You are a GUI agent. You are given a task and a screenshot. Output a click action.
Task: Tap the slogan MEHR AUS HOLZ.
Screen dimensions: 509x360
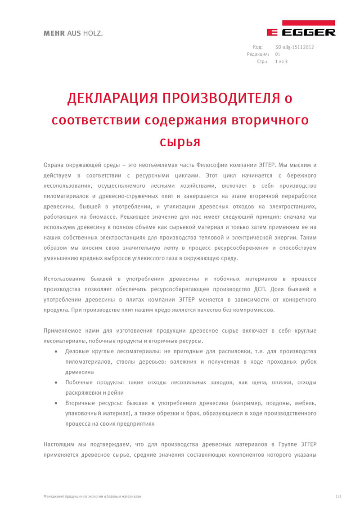point(70,33)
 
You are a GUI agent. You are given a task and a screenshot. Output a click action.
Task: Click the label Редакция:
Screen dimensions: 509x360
point(258,54)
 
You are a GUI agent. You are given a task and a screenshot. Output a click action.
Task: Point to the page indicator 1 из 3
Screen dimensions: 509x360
point(281,61)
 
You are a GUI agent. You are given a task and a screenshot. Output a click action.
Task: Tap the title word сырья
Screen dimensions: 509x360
point(180,141)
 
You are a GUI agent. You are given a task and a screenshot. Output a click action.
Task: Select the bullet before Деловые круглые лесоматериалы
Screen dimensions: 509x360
point(55,351)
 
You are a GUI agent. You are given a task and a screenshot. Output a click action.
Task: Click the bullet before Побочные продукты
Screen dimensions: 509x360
point(55,383)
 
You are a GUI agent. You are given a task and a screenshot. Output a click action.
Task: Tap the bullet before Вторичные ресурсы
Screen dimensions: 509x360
point(55,403)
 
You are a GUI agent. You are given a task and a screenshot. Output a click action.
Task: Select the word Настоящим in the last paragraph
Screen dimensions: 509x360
point(59,444)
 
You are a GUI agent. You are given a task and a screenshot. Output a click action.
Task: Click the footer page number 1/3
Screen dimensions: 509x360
point(338,496)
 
